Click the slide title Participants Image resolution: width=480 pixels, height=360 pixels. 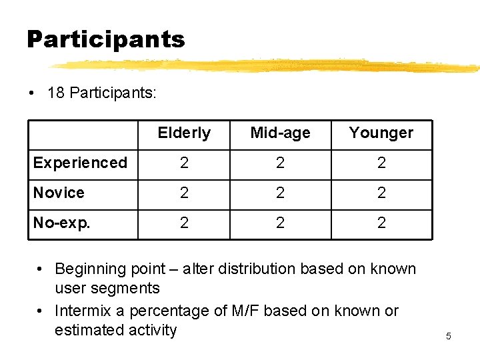105,40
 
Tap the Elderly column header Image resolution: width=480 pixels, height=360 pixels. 184,133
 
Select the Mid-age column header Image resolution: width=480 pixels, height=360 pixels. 280,133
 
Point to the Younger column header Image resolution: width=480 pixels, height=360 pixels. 381,133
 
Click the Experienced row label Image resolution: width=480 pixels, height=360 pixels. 80,163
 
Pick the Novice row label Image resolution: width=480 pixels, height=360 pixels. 59,193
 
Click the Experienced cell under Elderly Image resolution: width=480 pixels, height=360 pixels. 184,163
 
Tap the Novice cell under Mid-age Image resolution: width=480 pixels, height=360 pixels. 280,193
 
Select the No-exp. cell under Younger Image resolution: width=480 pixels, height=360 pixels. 381,223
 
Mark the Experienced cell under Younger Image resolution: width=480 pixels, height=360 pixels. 381,163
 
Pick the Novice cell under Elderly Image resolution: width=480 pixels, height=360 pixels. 184,193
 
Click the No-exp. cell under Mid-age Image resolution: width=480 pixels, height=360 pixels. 280,223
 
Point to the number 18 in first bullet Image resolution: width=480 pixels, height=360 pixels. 56,93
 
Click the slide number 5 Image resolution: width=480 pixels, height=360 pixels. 448,336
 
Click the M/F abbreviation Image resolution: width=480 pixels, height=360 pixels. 265,311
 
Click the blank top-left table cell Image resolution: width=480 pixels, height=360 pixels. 83,135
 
